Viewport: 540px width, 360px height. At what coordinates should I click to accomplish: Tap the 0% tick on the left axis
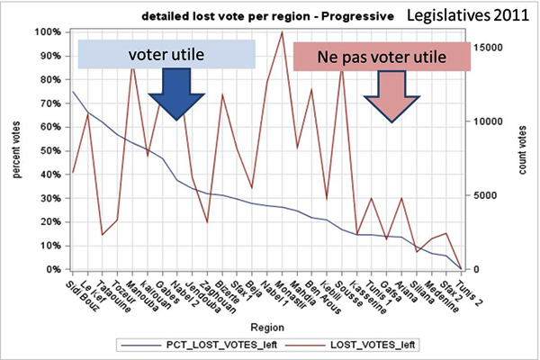[50, 269]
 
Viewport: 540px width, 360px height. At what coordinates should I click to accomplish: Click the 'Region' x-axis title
[268, 325]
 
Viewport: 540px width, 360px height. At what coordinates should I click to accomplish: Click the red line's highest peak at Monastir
[283, 32]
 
